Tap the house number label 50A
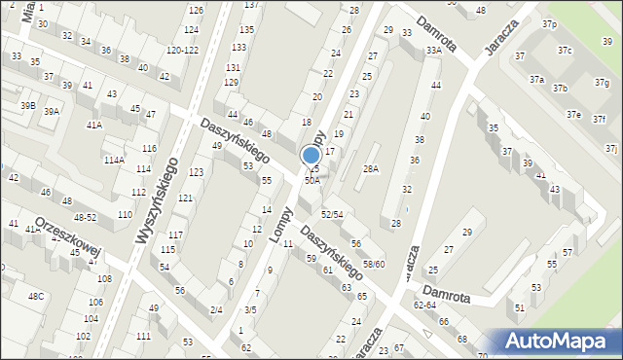point(311,180)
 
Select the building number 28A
point(371,169)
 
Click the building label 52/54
point(333,214)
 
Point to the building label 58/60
point(374,264)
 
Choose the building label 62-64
point(424,306)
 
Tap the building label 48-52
point(85,218)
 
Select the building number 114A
point(114,160)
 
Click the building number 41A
point(93,125)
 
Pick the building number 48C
point(35,296)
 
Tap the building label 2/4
point(215,309)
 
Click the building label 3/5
point(250,309)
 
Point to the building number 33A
point(433,50)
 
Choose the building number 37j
point(610,149)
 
